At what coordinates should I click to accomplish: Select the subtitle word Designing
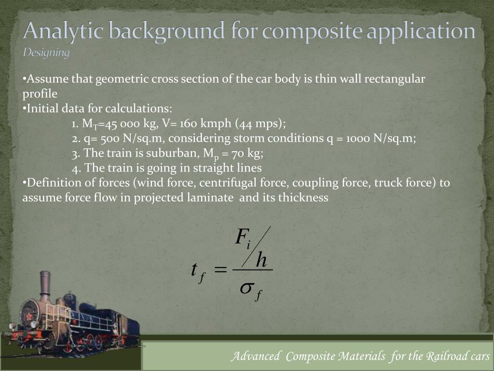[x=46, y=52]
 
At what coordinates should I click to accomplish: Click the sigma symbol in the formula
[x=247, y=288]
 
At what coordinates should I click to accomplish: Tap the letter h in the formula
[x=261, y=260]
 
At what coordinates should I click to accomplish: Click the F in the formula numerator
[x=241, y=237]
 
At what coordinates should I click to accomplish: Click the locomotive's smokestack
[x=45, y=285]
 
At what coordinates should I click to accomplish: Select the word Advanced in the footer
[x=255, y=357]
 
